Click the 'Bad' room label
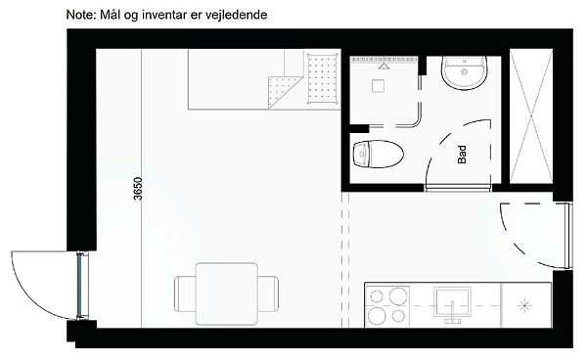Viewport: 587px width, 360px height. click(462, 155)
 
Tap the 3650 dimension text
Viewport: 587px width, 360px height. click(138, 188)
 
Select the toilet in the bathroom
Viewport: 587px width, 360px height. click(378, 154)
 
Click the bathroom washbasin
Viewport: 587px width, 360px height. click(464, 73)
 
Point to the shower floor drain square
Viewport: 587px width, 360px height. click(378, 86)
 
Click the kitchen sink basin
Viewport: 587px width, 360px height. click(452, 301)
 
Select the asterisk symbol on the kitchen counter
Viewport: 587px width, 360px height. click(524, 305)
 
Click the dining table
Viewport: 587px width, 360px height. click(227, 293)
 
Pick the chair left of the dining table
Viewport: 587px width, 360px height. click(185, 293)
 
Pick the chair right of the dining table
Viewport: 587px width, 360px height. click(268, 293)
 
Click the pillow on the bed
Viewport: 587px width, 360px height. click(322, 78)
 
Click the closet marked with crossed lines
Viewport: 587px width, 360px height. click(531, 116)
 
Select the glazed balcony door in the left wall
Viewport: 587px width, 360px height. click(82, 287)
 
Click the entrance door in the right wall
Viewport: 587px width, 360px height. click(568, 236)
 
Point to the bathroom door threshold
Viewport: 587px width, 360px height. click(458, 188)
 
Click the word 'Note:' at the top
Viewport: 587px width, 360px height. click(81, 15)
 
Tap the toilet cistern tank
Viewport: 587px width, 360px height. click(361, 154)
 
